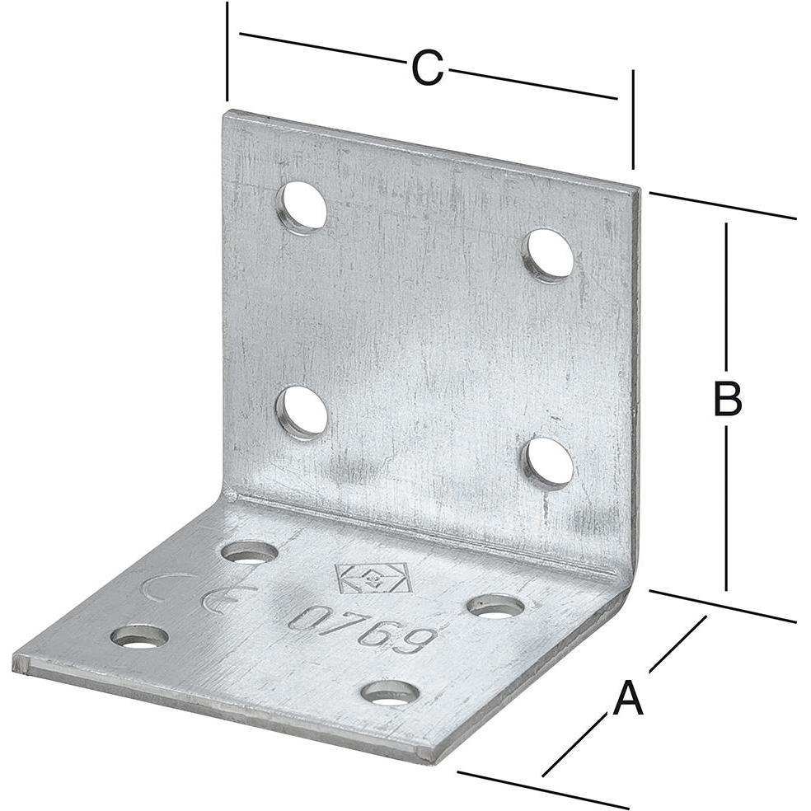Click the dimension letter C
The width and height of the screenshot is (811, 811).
pyautogui.click(x=427, y=68)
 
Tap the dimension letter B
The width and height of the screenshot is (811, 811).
pyautogui.click(x=727, y=399)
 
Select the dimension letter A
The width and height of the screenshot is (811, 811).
pyautogui.click(x=627, y=700)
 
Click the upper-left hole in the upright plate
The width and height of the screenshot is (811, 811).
pyautogui.click(x=302, y=206)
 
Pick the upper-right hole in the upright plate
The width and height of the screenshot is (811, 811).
pyautogui.click(x=550, y=254)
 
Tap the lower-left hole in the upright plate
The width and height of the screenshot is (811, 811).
pyautogui.click(x=302, y=410)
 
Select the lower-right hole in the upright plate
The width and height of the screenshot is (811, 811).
pyautogui.click(x=549, y=462)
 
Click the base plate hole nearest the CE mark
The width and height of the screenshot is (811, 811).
pyautogui.click(x=249, y=551)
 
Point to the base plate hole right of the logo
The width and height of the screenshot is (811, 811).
pyautogui.click(x=495, y=607)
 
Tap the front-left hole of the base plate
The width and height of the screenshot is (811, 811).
pyautogui.click(x=139, y=636)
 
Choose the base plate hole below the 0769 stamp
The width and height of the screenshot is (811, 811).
pyautogui.click(x=390, y=692)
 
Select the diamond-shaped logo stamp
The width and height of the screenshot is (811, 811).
pyautogui.click(x=372, y=578)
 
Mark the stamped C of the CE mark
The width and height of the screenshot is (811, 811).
pyautogui.click(x=157, y=587)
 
